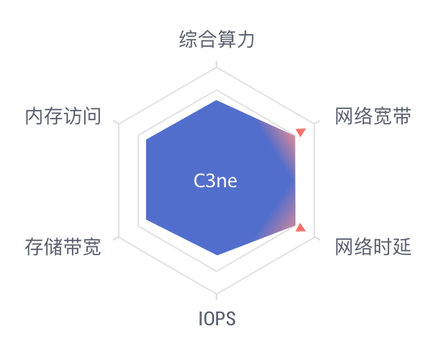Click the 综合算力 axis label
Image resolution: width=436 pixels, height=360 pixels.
click(216, 40)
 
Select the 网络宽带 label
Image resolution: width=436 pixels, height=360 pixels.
click(373, 116)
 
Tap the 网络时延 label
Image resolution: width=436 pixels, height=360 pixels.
click(373, 246)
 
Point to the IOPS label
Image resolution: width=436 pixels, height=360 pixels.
click(217, 319)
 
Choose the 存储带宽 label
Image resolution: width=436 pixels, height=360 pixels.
click(63, 246)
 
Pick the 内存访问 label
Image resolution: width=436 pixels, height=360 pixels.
click(63, 116)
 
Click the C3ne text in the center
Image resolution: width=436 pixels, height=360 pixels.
click(216, 181)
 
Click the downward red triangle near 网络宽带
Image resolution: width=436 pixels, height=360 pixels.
click(300, 132)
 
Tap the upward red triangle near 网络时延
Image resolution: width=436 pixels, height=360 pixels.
click(300, 227)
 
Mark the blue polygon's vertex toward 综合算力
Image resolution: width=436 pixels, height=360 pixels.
click(216, 100)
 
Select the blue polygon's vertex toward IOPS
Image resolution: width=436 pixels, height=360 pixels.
click(217, 254)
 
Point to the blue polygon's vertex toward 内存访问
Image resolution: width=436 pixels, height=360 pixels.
click(146, 140)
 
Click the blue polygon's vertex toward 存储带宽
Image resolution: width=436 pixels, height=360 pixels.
click(146, 220)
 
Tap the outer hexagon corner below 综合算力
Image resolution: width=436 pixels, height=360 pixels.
click(216, 68)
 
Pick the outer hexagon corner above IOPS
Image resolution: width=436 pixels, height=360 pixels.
click(216, 293)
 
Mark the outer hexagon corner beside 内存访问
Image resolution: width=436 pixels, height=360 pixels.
click(119, 124)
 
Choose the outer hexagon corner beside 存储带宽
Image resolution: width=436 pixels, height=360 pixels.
click(119, 237)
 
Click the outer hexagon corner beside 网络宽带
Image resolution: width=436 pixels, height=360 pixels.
click(315, 124)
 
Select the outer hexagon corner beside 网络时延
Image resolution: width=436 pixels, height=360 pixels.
click(315, 237)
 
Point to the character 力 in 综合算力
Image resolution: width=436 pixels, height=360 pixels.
click(245, 40)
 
